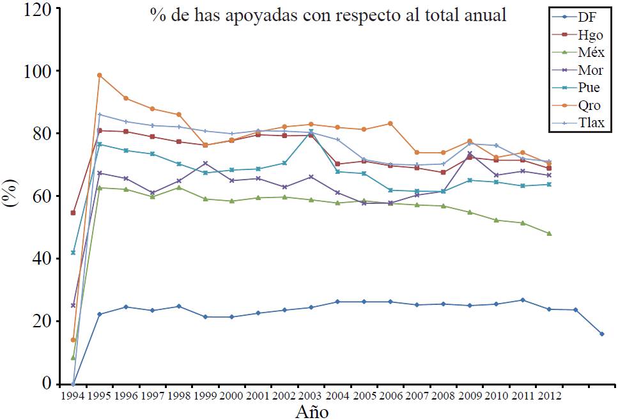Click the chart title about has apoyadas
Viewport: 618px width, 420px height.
point(328,15)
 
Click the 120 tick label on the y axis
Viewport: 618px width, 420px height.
point(36,9)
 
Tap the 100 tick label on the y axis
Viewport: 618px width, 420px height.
point(36,71)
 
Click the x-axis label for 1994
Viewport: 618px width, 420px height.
point(73,396)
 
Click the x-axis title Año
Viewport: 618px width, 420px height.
point(311,411)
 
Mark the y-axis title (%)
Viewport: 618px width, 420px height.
point(12,196)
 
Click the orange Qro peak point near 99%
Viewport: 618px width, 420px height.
point(100,75)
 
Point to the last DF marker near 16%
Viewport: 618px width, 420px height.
point(601,334)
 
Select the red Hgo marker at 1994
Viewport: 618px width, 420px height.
point(73,213)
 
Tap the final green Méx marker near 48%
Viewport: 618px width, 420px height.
point(549,233)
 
